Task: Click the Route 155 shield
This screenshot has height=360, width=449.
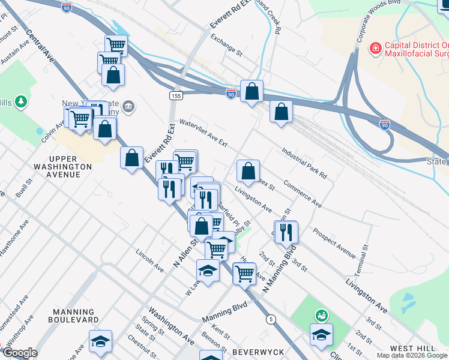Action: pyautogui.click(x=175, y=95)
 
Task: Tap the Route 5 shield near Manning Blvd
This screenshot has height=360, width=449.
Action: pyautogui.click(x=272, y=319)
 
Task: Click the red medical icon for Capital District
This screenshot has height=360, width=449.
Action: pyautogui.click(x=376, y=47)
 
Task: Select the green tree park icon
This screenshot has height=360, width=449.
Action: pyautogui.click(x=22, y=101)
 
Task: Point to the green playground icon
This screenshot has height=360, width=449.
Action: pyautogui.click(x=322, y=314)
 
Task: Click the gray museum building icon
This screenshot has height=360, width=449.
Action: pyautogui.click(x=128, y=107)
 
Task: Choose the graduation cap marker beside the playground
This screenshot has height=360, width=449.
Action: pyautogui.click(x=322, y=334)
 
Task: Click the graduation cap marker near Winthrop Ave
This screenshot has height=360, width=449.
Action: pyautogui.click(x=100, y=341)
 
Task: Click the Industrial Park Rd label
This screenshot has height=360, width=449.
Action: pyautogui.click(x=303, y=163)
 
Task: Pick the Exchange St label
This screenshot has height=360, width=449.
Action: pyautogui.click(x=226, y=45)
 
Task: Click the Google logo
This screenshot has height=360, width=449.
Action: pyautogui.click(x=20, y=353)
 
